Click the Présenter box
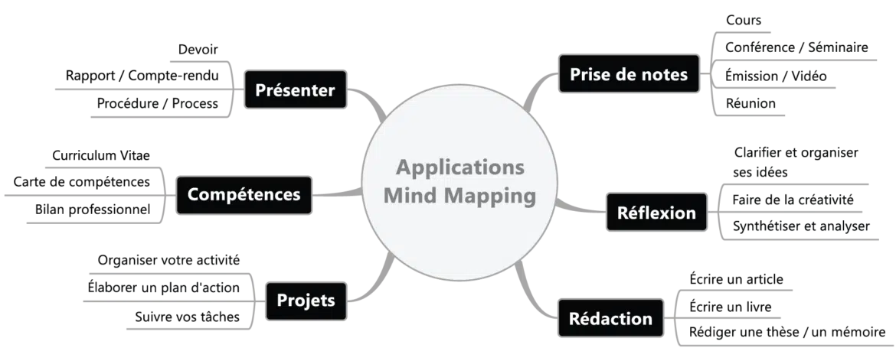tap(295, 91)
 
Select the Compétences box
tap(244, 195)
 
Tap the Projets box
tap(306, 301)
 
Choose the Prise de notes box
tap(629, 75)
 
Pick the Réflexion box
tap(656, 213)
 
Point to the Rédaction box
tap(610, 318)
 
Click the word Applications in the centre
tap(460, 167)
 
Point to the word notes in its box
tap(664, 75)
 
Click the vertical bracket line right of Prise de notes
tap(713, 75)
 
